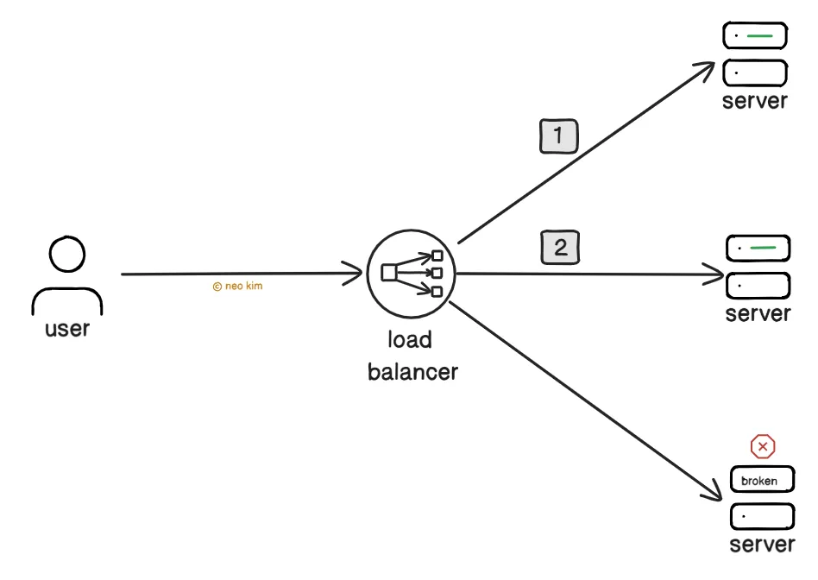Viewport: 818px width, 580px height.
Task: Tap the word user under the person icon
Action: tap(67, 329)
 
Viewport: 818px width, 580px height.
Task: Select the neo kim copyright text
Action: tap(238, 286)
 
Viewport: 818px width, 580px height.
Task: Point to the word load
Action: tap(410, 340)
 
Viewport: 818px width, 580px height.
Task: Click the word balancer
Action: tap(412, 372)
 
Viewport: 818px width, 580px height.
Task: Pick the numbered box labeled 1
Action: tap(559, 136)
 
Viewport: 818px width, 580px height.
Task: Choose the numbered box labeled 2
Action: tap(560, 247)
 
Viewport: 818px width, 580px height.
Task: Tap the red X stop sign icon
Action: tap(763, 446)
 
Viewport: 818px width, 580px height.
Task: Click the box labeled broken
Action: tap(762, 480)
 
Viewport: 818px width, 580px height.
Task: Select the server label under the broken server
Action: tap(762, 545)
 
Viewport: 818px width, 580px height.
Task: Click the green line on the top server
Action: tap(759, 36)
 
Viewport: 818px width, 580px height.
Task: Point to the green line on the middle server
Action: tap(763, 248)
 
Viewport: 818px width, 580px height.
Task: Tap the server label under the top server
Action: tap(755, 101)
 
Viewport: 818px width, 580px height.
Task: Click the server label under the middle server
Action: tap(758, 314)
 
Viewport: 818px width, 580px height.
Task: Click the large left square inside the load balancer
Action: tap(388, 273)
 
